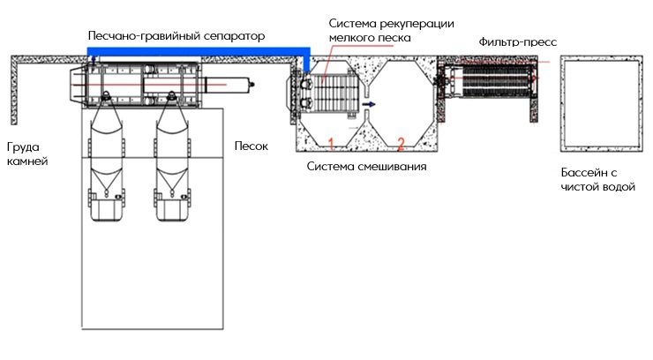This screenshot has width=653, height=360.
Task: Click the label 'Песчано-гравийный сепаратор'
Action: coord(176,36)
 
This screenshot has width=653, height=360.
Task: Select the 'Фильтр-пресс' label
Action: coord(518,41)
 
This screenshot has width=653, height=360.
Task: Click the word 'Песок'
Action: coord(251,146)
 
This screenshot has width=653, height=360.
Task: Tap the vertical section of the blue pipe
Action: coord(304,62)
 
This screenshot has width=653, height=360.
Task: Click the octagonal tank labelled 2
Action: coord(402,101)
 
